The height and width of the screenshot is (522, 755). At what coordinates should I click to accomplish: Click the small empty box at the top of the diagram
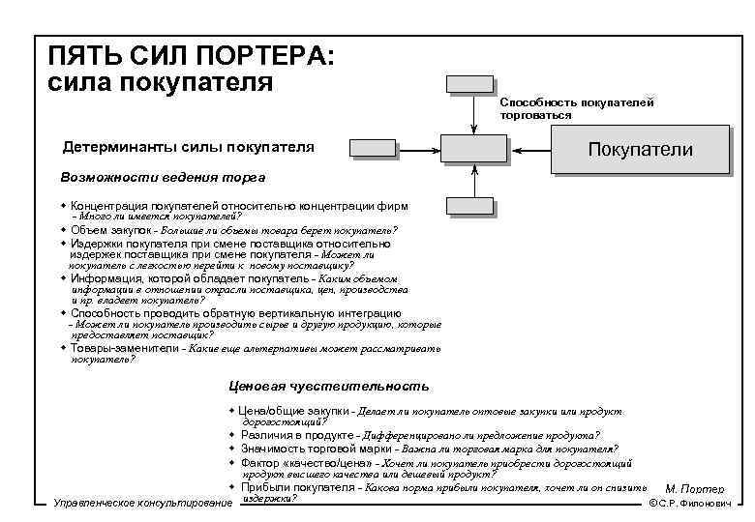coord(469,82)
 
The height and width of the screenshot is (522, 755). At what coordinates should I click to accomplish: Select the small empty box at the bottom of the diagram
coord(469,204)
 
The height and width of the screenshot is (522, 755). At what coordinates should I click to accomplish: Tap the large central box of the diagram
coord(473,147)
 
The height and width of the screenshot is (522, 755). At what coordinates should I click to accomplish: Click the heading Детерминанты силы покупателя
coord(188,147)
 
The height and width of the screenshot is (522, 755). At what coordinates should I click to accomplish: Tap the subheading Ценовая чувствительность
coord(329,386)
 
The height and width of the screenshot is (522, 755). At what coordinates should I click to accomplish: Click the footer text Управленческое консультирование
coord(142,505)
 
